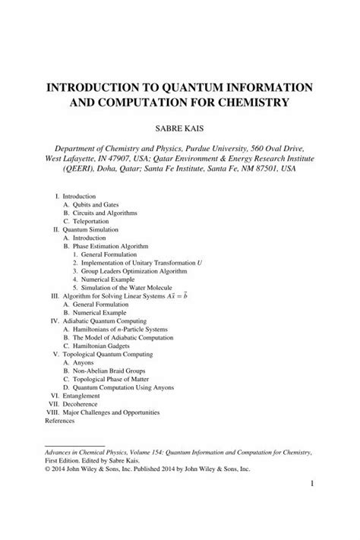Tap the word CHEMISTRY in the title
(251, 102)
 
